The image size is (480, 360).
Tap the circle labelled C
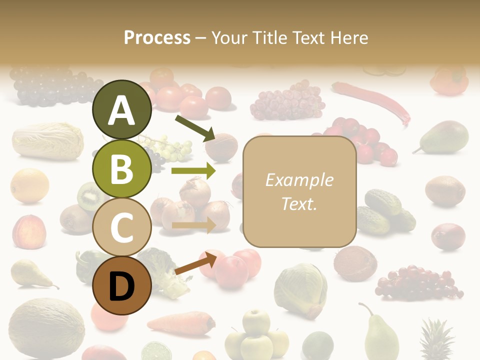click(x=122, y=227)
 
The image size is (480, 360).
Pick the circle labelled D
click(x=122, y=285)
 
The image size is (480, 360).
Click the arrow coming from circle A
click(x=194, y=127)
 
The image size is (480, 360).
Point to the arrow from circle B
click(x=193, y=171)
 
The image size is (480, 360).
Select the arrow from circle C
click(x=193, y=225)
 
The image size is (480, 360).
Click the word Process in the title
click(x=157, y=37)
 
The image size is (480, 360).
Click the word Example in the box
click(x=299, y=180)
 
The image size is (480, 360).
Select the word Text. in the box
click(x=299, y=204)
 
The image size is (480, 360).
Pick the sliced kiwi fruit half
click(x=90, y=196)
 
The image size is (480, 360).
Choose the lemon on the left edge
click(x=30, y=185)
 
